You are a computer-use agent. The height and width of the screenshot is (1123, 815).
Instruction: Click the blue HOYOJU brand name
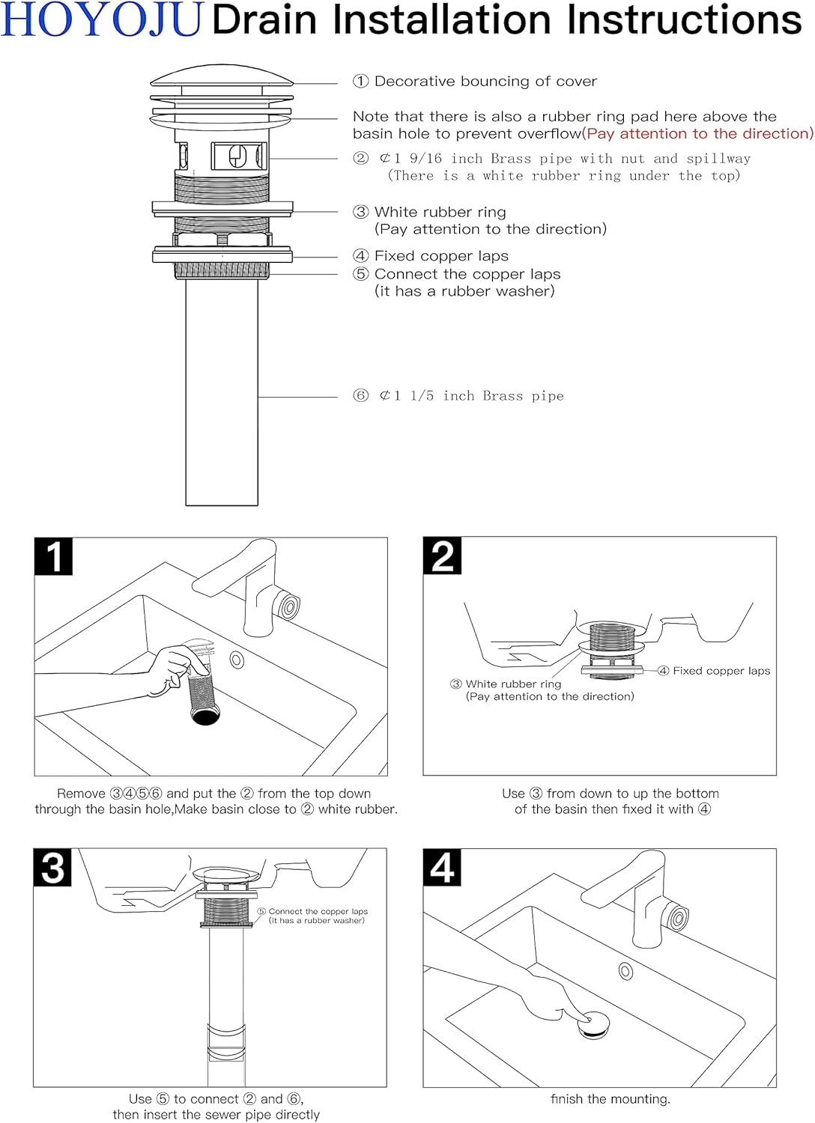point(102,20)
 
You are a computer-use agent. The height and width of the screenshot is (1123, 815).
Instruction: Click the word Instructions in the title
point(684,20)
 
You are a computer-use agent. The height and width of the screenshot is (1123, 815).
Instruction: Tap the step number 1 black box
point(53,556)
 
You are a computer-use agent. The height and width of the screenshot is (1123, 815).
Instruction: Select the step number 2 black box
point(442,556)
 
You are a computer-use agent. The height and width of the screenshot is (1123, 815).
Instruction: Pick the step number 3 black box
point(52,868)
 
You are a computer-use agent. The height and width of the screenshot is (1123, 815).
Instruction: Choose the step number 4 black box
point(442,868)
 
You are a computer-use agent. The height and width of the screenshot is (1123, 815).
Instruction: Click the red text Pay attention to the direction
point(697,134)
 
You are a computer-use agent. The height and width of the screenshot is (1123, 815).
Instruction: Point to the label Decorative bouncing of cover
point(485,82)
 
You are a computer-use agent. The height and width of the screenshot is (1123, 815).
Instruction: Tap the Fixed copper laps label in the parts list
point(441,256)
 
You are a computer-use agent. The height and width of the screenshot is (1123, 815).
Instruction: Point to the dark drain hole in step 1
point(205,714)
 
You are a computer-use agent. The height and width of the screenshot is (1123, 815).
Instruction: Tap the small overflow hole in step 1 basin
point(237,660)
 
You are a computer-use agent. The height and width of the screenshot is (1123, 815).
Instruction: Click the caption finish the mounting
point(611,1099)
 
